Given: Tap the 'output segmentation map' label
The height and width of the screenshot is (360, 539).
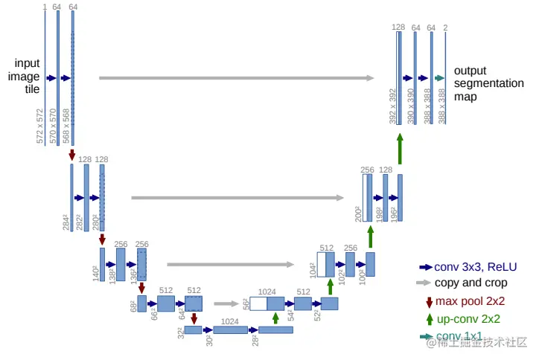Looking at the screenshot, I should [x=488, y=83].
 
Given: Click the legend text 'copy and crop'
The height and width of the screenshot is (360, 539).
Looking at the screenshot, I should [x=471, y=283].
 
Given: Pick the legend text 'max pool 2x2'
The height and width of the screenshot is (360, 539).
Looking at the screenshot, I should [x=470, y=301].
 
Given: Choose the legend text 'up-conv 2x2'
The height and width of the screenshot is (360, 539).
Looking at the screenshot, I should [x=468, y=319].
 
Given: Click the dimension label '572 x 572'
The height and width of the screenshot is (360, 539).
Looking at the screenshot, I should [x=40, y=125].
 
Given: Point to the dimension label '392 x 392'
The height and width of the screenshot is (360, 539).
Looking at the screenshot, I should [x=392, y=106].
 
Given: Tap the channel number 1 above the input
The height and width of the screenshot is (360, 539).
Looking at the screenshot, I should [x=45, y=7].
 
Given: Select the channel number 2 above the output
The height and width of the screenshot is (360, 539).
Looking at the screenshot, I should [x=445, y=28].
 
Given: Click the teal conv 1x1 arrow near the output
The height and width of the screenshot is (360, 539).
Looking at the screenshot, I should [x=439, y=77].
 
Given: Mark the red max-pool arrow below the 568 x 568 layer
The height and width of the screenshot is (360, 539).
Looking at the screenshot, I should [x=72, y=155].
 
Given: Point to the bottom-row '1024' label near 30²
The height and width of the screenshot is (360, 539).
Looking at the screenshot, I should [x=230, y=321].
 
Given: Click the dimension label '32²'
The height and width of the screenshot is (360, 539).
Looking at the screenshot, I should [x=180, y=333].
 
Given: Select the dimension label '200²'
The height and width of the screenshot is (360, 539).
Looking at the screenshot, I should [x=358, y=214].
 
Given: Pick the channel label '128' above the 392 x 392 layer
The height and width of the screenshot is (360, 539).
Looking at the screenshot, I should [x=399, y=28].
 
